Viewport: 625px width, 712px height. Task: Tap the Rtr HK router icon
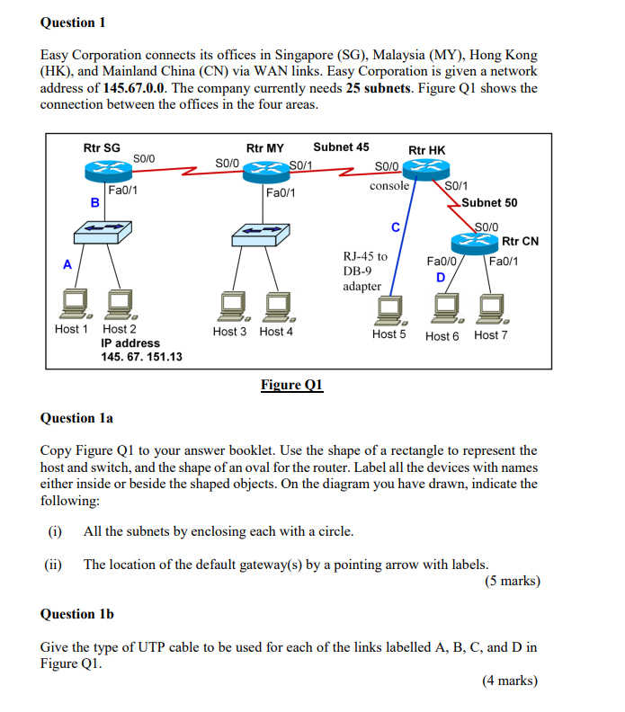click(425, 168)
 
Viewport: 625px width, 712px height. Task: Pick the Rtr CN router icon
click(476, 240)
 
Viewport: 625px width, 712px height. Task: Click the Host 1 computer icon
click(76, 304)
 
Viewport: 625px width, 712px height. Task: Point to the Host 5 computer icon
click(390, 308)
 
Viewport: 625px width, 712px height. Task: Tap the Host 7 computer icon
click(492, 308)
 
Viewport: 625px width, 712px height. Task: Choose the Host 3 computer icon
click(229, 307)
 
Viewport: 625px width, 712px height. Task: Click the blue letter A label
click(66, 264)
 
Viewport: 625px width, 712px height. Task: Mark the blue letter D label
click(441, 277)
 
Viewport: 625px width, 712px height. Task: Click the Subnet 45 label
click(341, 147)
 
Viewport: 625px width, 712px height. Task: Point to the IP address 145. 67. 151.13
click(141, 357)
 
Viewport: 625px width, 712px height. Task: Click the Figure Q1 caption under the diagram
click(291, 385)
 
